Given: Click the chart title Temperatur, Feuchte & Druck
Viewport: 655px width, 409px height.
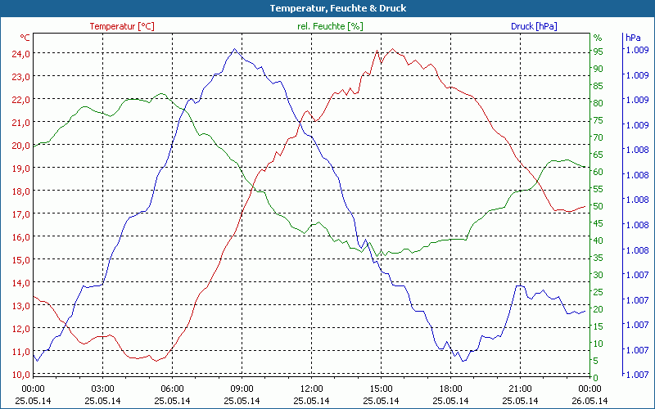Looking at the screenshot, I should (x=327, y=8).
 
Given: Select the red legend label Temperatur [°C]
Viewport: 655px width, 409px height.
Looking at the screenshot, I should (x=121, y=26).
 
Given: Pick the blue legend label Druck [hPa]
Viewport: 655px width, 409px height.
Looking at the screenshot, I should (x=534, y=26).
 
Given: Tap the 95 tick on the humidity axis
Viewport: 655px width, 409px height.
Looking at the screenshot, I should (x=599, y=52).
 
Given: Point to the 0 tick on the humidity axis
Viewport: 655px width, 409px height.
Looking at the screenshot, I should (x=596, y=377).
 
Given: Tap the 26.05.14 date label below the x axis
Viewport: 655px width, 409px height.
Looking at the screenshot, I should (x=589, y=401).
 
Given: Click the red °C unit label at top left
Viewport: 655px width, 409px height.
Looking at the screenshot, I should (x=25, y=38).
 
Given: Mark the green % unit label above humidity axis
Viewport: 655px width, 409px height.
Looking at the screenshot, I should (x=598, y=38).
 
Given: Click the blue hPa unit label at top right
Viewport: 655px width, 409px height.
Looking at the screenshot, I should (x=632, y=38).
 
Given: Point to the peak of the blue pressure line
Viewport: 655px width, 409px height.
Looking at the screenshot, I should (x=234, y=49).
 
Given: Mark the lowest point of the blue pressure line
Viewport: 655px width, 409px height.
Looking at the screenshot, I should (x=463, y=361).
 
